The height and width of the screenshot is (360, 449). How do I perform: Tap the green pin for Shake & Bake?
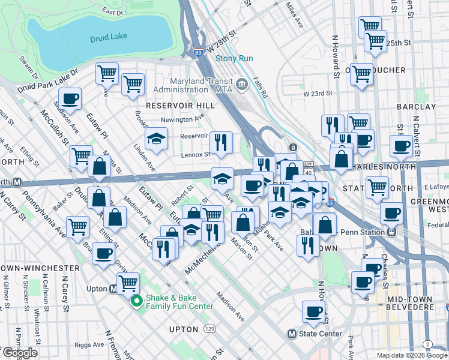pos(137,301)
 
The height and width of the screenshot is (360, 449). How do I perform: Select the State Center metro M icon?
pos(292,334)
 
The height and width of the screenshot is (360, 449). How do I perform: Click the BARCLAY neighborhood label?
pos(416,106)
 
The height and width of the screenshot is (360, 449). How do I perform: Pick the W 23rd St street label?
pos(318,94)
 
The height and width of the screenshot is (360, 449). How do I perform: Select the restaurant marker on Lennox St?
pos(221,142)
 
